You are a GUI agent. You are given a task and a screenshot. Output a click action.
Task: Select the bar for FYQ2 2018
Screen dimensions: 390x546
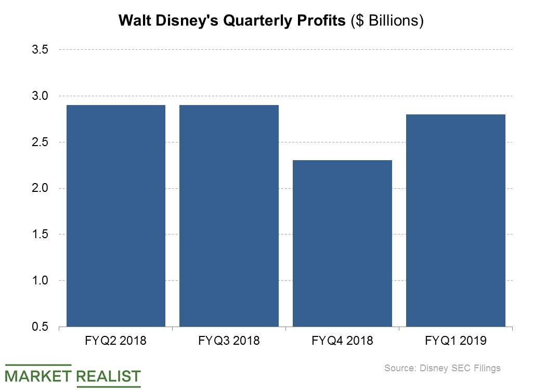pyautogui.click(x=115, y=216)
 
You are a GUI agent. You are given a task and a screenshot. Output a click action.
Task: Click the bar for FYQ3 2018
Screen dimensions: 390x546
pyautogui.click(x=229, y=216)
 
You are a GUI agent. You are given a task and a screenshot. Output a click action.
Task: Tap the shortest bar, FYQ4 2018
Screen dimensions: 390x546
pyautogui.click(x=342, y=243)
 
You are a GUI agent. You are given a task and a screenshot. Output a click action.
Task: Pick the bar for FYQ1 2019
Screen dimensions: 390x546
pyautogui.click(x=456, y=220)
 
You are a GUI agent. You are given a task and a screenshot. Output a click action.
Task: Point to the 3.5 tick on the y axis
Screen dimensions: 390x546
pyautogui.click(x=40, y=50)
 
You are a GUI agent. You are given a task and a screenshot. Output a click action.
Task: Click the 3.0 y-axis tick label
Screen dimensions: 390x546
pyautogui.click(x=40, y=96)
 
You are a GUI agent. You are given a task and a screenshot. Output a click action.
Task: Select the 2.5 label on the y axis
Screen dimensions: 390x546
pyautogui.click(x=40, y=142)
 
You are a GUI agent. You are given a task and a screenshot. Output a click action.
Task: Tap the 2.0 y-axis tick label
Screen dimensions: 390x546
pyautogui.click(x=40, y=188)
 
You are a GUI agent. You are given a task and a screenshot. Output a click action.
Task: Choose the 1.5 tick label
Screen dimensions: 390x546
pyautogui.click(x=40, y=235)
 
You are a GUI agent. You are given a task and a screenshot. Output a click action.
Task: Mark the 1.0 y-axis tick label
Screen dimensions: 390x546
pyautogui.click(x=40, y=281)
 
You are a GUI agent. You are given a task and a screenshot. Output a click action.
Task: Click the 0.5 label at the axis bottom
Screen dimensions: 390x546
pyautogui.click(x=40, y=327)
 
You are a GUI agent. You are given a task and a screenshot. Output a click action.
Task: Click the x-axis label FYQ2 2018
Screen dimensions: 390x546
pyautogui.click(x=115, y=341)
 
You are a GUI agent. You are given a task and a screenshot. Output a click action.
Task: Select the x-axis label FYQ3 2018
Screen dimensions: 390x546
pyautogui.click(x=229, y=341)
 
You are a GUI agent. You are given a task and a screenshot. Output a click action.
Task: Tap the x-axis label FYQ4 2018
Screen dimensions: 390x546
pyautogui.click(x=342, y=341)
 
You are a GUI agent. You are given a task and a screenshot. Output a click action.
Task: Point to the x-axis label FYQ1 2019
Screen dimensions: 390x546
pyautogui.click(x=456, y=341)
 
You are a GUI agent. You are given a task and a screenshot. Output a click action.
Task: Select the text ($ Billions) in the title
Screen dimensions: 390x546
pyautogui.click(x=387, y=20)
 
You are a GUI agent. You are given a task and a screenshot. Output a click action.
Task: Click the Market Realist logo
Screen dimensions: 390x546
pyautogui.click(x=73, y=375)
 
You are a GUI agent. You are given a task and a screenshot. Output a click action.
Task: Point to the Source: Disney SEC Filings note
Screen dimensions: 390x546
pyautogui.click(x=442, y=368)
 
